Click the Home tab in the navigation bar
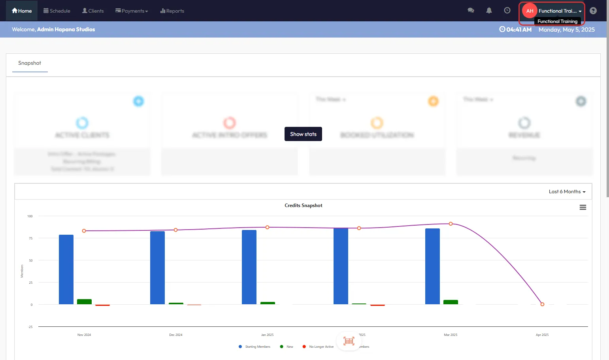coord(22,11)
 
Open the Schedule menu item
coord(57,11)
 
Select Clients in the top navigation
coord(93,11)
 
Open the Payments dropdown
coord(132,11)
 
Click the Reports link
coord(172,11)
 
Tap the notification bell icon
coord(489,11)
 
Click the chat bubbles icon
coord(471,11)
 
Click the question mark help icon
coord(593,11)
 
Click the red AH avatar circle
coord(530,11)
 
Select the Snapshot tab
coord(30,63)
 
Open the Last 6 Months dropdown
coord(567,192)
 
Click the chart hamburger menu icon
coord(583,207)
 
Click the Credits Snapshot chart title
coord(303,205)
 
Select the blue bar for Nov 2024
coord(66,270)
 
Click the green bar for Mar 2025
coord(451,302)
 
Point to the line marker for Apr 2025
coord(542,304)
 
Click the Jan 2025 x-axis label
coord(267,335)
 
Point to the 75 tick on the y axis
coord(31,238)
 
